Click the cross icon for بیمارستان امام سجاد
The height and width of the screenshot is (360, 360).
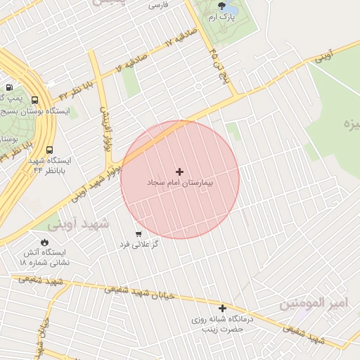click(x=179, y=172)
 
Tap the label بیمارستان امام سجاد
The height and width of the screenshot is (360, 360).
click(x=179, y=182)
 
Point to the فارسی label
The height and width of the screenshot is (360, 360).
click(x=158, y=5)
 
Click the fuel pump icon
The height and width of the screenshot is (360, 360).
click(x=8, y=87)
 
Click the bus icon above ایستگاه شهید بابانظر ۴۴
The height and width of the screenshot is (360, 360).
click(x=49, y=150)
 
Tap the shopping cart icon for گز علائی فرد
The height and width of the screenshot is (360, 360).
click(x=138, y=233)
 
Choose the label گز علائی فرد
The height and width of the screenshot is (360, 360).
click(x=146, y=244)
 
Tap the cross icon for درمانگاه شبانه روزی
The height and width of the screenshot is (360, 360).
click(x=223, y=308)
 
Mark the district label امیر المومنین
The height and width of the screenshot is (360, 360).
click(x=311, y=303)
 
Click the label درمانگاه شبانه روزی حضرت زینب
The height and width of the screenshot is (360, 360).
click(x=223, y=323)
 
